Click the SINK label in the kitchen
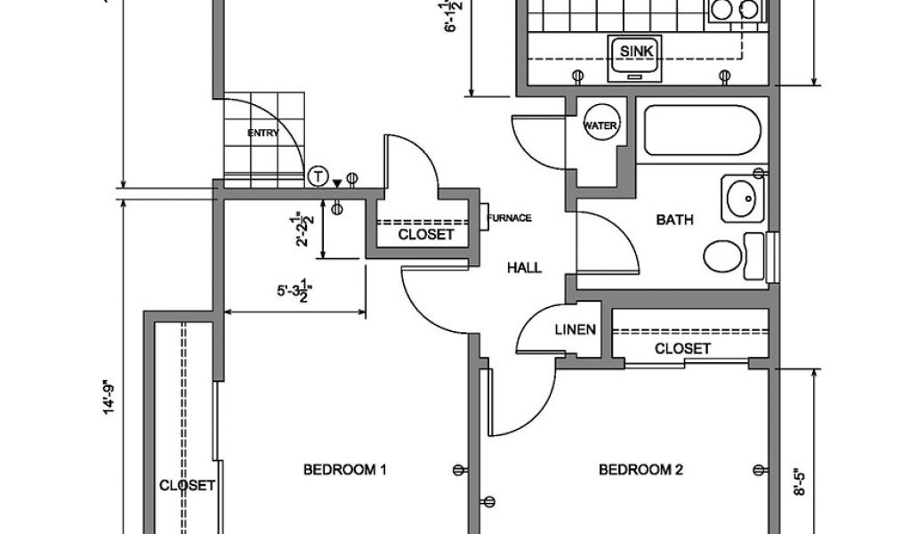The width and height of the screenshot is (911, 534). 636,52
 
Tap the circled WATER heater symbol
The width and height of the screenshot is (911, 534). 600,125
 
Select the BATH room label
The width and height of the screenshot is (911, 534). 674,219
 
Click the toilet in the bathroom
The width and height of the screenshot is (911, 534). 730,255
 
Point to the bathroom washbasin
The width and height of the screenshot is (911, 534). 741,198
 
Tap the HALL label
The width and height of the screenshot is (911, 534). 524,267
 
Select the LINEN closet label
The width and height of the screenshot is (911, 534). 575,330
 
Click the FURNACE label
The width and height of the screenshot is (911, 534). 511,218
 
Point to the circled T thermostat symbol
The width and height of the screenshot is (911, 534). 318,176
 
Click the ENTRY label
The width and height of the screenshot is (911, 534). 263,133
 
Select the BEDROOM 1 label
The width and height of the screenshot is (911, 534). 344,469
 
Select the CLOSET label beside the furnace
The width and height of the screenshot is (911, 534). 426,235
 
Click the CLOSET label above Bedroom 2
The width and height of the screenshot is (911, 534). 682,348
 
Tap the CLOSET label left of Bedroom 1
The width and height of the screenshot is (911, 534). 187,485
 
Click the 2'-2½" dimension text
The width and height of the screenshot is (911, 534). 307,230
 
